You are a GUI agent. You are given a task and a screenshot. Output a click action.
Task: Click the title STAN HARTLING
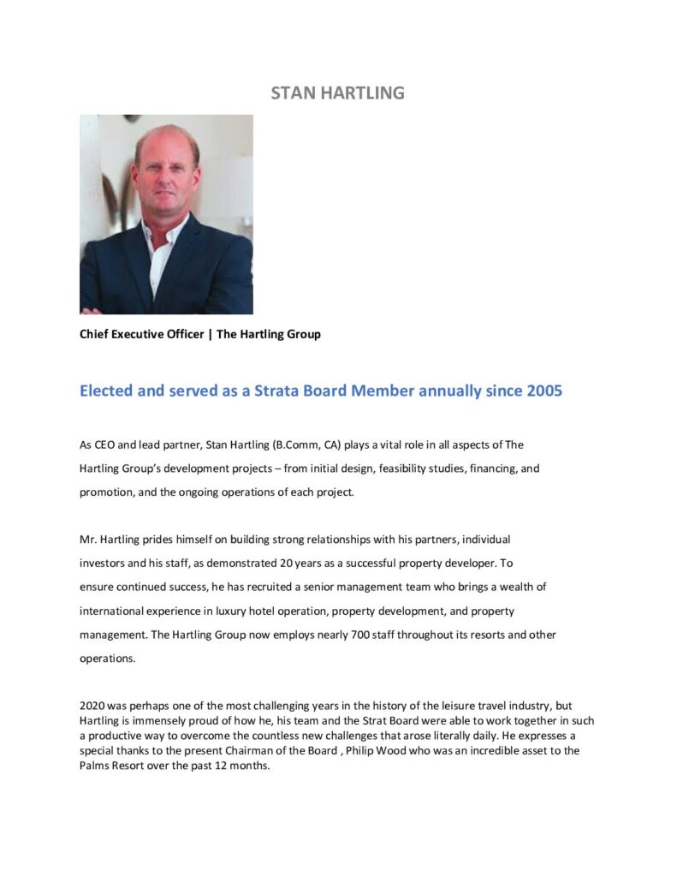click(x=337, y=92)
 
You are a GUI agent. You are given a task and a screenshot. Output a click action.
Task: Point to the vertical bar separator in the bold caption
click(x=210, y=334)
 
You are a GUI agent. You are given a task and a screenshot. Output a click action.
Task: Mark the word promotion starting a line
click(x=108, y=492)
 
